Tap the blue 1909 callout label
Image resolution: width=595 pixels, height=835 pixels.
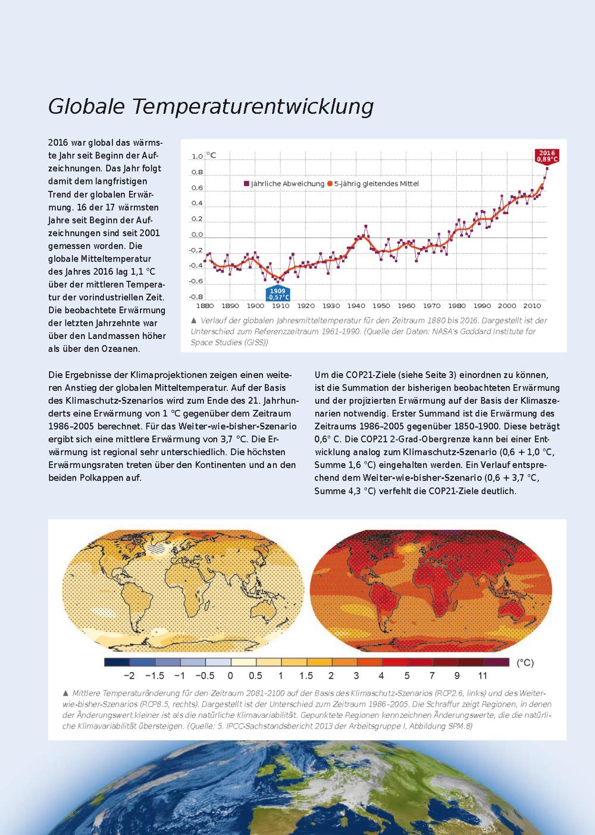277,294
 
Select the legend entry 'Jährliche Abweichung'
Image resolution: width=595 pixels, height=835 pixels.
284,184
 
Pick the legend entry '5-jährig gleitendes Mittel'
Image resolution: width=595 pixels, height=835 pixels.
373,184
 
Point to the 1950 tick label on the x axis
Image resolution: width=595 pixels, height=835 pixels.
381,306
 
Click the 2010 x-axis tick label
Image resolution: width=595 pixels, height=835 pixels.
533,306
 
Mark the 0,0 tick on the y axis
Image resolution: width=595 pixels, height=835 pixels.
197,235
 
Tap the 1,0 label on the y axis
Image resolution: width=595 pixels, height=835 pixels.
197,156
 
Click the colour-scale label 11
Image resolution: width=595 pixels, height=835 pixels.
483,676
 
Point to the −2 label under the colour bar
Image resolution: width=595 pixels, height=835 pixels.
129,676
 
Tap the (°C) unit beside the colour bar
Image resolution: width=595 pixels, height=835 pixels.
525,663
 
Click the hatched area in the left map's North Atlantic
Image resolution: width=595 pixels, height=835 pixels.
157,549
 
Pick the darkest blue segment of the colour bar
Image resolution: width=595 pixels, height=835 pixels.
117,663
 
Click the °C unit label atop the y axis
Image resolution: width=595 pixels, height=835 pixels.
211,155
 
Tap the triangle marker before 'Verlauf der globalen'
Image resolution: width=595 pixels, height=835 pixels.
193,321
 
